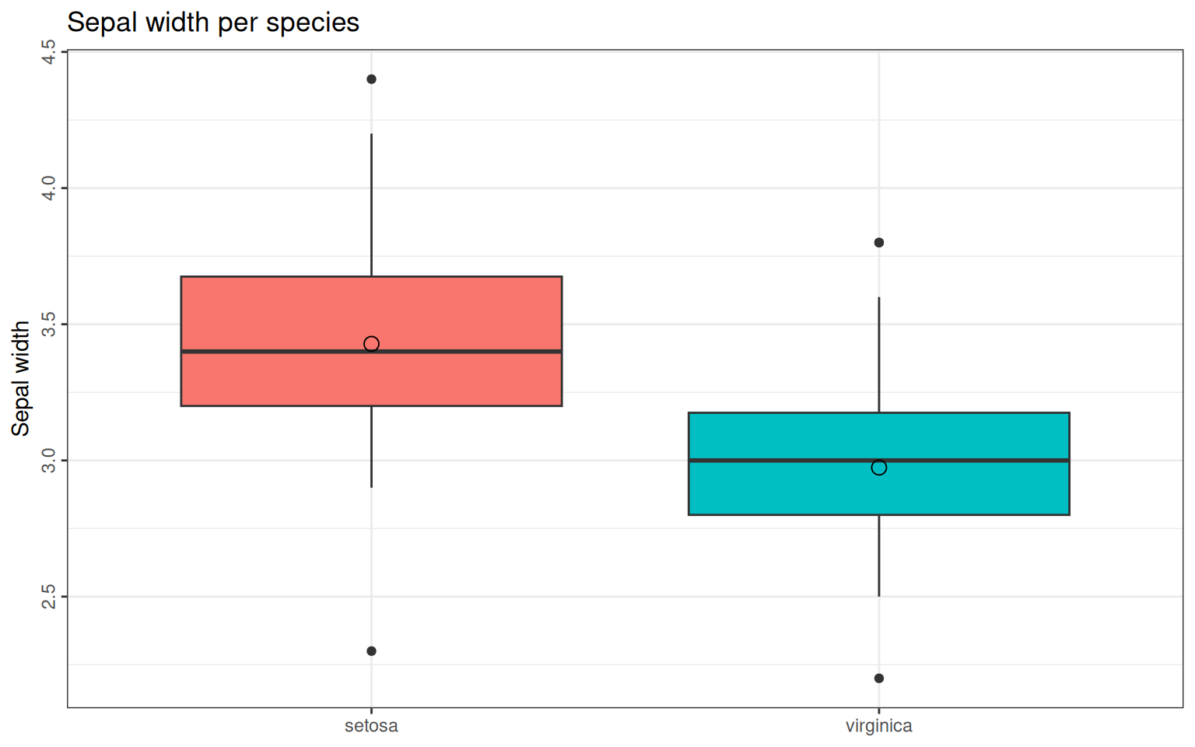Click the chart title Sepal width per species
click(212, 23)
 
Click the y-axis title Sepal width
click(21, 378)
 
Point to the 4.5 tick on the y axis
click(48, 52)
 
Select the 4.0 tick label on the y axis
click(48, 188)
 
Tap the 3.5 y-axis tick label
click(48, 324)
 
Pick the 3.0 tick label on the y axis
click(48, 460)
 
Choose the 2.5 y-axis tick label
click(48, 596)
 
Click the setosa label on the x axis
click(371, 726)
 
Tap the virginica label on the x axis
click(878, 726)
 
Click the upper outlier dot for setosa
click(371, 79)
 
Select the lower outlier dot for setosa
click(371, 651)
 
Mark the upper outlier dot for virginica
click(879, 243)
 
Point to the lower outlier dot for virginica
click(879, 679)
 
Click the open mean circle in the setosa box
click(371, 344)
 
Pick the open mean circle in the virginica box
click(879, 468)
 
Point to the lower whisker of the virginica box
click(879, 556)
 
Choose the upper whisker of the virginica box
click(879, 354)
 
